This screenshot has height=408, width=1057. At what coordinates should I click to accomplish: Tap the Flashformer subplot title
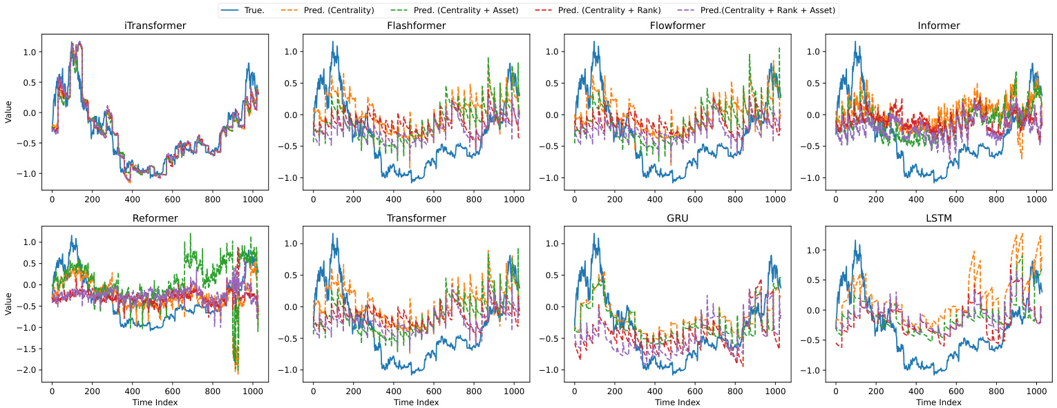(416, 26)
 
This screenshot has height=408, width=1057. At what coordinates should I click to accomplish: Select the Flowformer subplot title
(677, 26)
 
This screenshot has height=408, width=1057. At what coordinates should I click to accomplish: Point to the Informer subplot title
(938, 26)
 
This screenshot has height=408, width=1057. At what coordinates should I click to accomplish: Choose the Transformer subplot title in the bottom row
(416, 218)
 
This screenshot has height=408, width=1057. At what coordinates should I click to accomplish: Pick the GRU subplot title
(677, 218)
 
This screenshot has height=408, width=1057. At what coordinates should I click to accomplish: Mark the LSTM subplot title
(938, 218)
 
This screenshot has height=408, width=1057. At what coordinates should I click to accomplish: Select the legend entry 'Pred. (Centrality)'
(339, 10)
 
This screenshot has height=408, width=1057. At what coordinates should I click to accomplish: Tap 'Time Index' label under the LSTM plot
(938, 402)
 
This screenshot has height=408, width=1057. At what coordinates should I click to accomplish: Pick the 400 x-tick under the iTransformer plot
(132, 198)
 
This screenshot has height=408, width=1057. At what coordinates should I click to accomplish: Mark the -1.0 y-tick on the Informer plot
(814, 177)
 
